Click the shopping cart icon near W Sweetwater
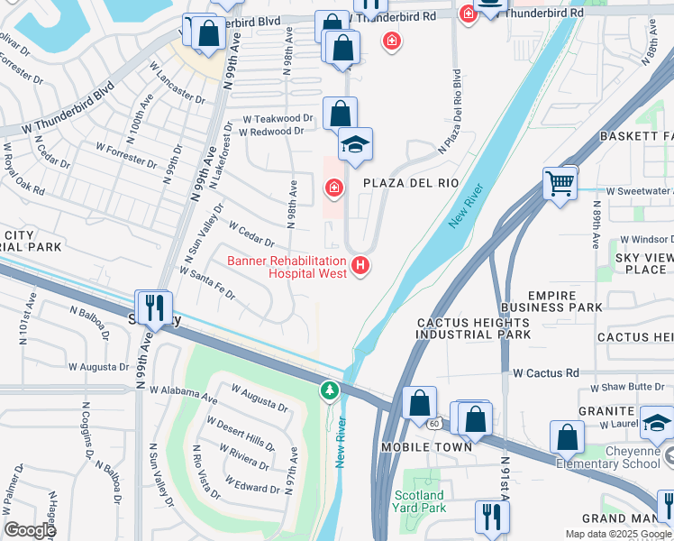560,185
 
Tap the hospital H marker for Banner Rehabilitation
360,265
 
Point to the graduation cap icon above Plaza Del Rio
355,146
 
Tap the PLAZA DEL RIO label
411,183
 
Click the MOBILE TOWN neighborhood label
426,447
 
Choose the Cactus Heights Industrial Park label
473,328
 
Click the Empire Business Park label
564,301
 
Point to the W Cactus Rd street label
546,372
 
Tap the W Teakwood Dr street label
283,118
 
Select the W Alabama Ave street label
184,394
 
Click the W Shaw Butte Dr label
630,388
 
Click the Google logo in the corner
30,530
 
